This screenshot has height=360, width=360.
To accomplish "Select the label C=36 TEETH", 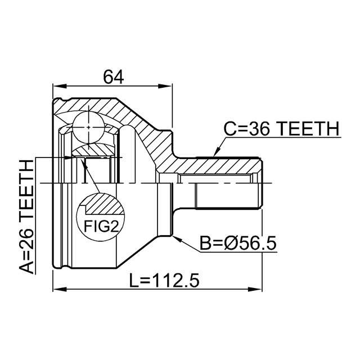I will (x=281, y=129).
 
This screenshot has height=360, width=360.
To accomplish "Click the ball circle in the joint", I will (x=89, y=127).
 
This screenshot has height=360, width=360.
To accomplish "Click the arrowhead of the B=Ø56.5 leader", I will (x=176, y=238).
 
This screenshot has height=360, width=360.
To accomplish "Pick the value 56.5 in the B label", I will (x=258, y=244).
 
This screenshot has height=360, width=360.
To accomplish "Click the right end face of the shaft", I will (x=262, y=183).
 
